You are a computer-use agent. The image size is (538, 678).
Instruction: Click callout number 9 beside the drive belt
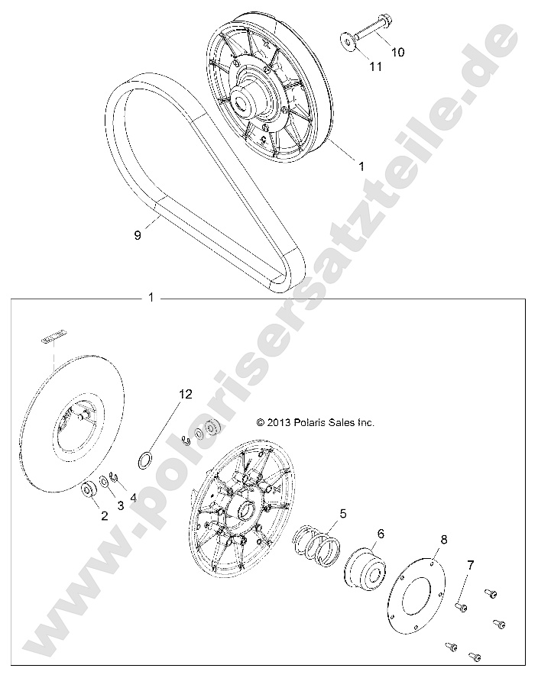pyautogui.click(x=138, y=236)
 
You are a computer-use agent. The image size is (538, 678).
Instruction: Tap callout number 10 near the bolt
pyautogui.click(x=398, y=52)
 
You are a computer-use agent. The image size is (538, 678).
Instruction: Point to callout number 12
pyautogui.click(x=186, y=394)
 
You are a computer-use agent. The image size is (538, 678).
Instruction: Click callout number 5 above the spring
pyautogui.click(x=343, y=513)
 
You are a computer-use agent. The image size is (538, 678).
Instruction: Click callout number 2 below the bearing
pyautogui.click(x=103, y=515)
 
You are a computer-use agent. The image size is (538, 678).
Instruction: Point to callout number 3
pyautogui.click(x=119, y=505)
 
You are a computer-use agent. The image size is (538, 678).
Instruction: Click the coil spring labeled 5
pyautogui.click(x=321, y=547)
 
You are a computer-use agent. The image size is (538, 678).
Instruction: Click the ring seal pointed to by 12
pyautogui.click(x=144, y=460)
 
